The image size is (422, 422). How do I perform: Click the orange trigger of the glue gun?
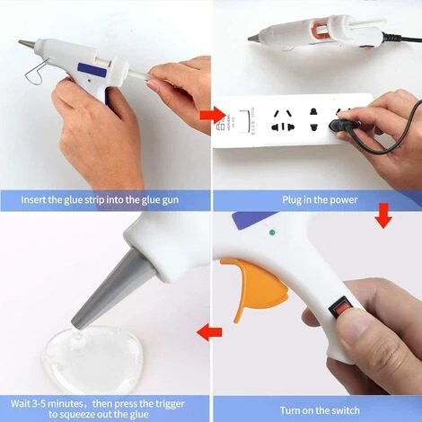click(254, 285)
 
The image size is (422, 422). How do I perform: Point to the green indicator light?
click(272, 233)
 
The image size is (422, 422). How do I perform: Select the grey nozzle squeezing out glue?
click(114, 290)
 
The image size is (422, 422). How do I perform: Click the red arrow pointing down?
click(383, 215)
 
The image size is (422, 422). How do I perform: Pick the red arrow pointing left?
click(209, 332)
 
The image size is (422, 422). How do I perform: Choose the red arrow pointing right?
click(213, 115)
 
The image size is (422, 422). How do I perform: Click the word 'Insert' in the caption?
click(33, 199)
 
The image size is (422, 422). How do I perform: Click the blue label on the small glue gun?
click(92, 70)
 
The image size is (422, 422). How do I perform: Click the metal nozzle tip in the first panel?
click(27, 43)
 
